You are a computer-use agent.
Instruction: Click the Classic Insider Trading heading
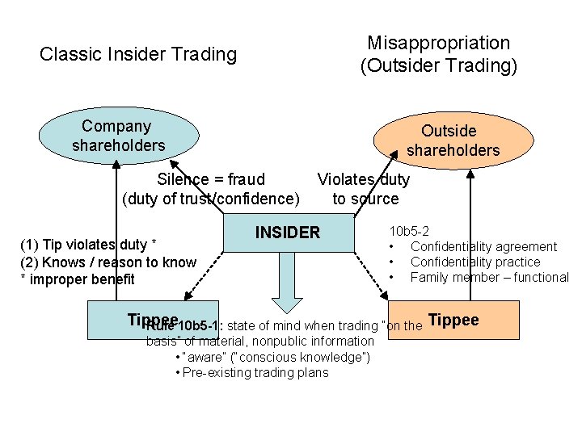[x=138, y=55]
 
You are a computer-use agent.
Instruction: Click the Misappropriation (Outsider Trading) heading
[x=438, y=54]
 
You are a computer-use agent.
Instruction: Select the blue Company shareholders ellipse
[x=117, y=136]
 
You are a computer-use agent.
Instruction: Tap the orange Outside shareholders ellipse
[x=453, y=140]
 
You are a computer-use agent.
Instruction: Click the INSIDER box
[x=288, y=233]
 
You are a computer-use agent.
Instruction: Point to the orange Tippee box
[x=453, y=321]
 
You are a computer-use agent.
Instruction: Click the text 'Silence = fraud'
[x=211, y=179]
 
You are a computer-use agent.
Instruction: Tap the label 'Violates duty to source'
[x=364, y=189]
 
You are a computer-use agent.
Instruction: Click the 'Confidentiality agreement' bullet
[x=483, y=246]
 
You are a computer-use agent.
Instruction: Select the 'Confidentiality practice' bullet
[x=474, y=262]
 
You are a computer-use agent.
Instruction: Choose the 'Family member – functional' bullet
[x=489, y=277]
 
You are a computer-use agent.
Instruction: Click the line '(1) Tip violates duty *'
[x=87, y=245]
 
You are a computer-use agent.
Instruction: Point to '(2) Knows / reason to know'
[x=108, y=262]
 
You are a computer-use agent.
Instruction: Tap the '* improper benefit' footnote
[x=78, y=279]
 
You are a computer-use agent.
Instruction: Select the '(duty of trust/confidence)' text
[x=211, y=199]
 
